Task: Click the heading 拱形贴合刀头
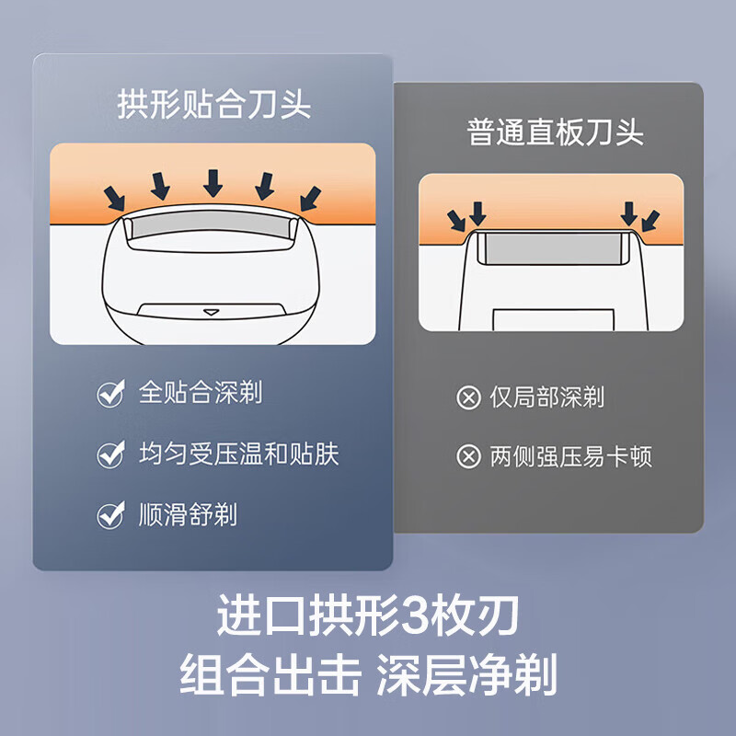[213, 104]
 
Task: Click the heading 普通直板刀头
[555, 132]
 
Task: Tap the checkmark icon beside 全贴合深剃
[111, 393]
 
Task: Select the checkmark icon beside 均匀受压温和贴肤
[111, 454]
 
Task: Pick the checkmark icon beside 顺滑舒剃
[111, 515]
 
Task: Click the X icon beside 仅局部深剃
[468, 398]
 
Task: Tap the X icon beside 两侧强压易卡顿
[468, 456]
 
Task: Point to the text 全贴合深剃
[201, 392]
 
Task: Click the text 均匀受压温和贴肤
[239, 454]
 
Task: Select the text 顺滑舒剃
[188, 514]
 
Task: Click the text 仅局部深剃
[546, 397]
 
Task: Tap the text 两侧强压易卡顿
[570, 456]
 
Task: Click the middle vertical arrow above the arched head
[213, 183]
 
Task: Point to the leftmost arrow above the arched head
[114, 198]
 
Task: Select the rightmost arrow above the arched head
[311, 198]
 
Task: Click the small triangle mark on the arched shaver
[212, 312]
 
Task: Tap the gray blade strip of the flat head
[554, 248]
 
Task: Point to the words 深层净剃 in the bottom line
[466, 674]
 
